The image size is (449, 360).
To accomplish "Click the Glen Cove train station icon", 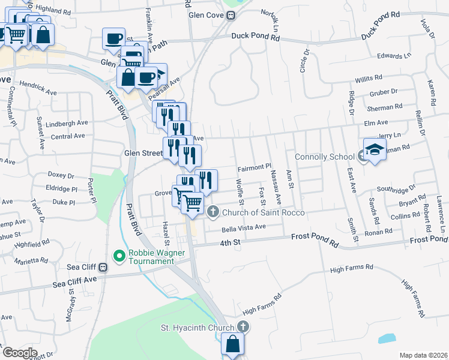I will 230,16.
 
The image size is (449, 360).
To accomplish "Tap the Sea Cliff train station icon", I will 103,268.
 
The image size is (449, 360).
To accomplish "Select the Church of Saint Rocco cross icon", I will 212,212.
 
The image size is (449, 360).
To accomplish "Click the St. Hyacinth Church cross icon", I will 243,327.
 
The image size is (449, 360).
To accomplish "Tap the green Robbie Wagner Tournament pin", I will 119,256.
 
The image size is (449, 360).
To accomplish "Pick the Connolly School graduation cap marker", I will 374,149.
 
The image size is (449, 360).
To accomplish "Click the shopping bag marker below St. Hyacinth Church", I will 232,345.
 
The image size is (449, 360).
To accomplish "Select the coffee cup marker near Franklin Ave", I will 113,39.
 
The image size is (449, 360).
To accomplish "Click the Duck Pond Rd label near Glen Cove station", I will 256,37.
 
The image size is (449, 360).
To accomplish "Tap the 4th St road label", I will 229,243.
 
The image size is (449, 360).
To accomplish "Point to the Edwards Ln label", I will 394,56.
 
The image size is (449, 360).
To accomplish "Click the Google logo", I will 20,353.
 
